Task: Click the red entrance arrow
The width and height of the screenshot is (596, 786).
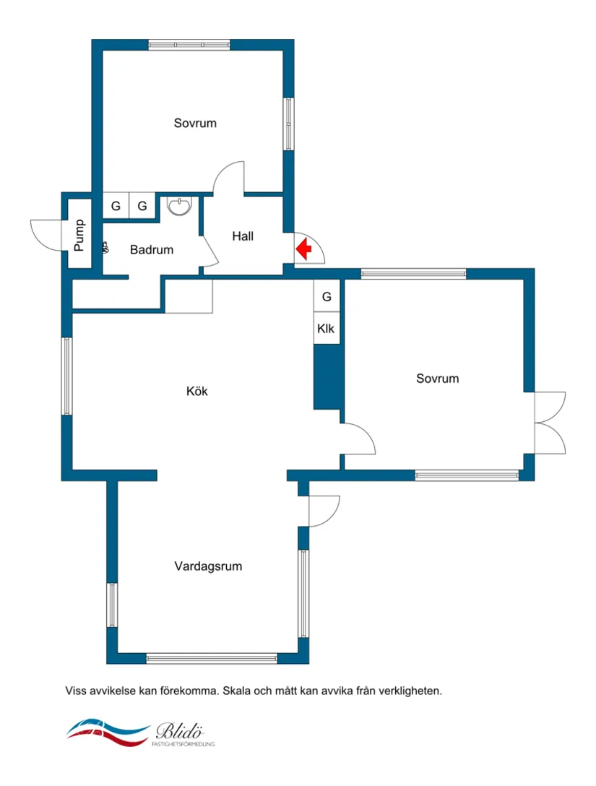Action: tap(303, 249)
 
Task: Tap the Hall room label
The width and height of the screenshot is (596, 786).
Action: tap(243, 236)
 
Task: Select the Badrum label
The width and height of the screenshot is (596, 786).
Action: tap(152, 250)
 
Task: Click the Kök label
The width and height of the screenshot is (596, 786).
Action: tap(197, 391)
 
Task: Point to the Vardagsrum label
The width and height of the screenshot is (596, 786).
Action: tap(208, 566)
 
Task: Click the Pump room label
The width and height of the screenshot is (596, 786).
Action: tap(79, 235)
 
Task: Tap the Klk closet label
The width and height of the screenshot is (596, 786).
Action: tap(326, 329)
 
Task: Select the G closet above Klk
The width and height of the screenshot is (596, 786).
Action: tap(327, 297)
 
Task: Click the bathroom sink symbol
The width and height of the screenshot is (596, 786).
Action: tap(179, 206)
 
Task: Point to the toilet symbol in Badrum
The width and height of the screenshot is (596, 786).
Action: tap(105, 247)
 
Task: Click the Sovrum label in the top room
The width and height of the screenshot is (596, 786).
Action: tap(195, 124)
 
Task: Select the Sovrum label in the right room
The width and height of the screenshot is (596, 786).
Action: tap(437, 379)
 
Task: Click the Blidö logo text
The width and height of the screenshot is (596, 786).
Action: tap(179, 731)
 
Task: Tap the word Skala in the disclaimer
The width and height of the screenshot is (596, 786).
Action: tap(237, 691)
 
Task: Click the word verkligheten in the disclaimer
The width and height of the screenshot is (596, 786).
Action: tap(410, 691)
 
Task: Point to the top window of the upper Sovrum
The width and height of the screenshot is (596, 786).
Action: tap(189, 45)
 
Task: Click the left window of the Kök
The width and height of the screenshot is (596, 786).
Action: tap(66, 376)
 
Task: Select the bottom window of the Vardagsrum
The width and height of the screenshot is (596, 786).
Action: tap(212, 658)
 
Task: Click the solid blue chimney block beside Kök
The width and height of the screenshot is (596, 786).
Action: tap(327, 377)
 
